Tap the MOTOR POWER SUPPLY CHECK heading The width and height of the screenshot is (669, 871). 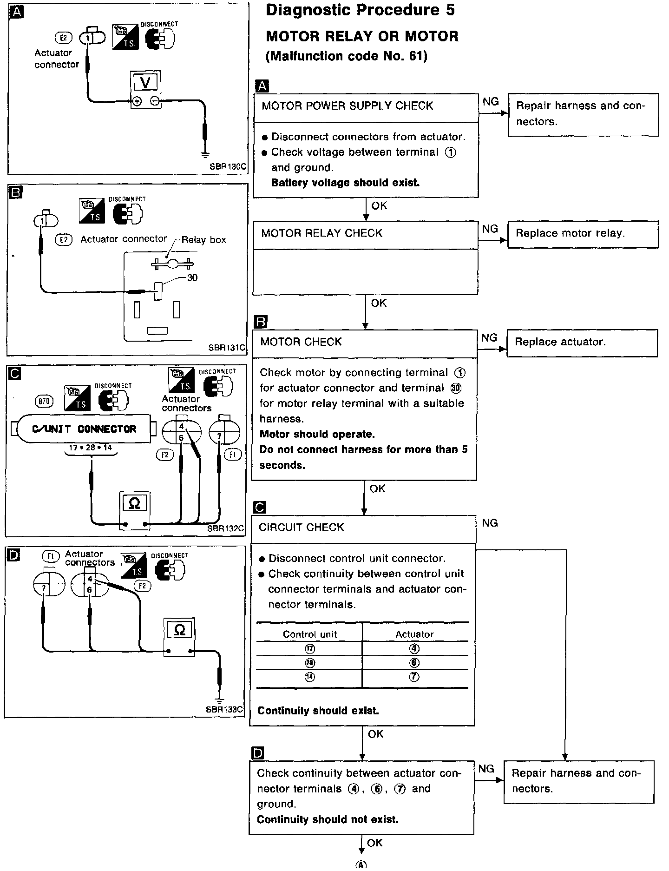pyautogui.click(x=347, y=106)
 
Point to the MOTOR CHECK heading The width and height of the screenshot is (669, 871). pyautogui.click(x=301, y=342)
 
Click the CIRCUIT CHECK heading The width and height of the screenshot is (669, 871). pyautogui.click(x=301, y=528)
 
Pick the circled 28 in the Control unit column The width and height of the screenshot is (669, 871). pyautogui.click(x=309, y=663)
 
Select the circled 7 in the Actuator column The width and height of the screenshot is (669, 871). pyautogui.click(x=414, y=677)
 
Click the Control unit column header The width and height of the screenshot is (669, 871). pyautogui.click(x=310, y=634)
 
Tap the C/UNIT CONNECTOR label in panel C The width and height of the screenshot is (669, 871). pyautogui.click(x=84, y=429)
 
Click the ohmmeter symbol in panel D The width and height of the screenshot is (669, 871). pyautogui.click(x=179, y=630)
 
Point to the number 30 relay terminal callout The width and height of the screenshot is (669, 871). pyautogui.click(x=192, y=278)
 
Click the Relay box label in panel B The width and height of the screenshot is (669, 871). pyautogui.click(x=203, y=240)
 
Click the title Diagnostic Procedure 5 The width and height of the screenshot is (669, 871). pyautogui.click(x=360, y=10)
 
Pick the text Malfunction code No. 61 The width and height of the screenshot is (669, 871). pyautogui.click(x=346, y=56)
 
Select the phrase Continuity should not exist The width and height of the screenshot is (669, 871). pyautogui.click(x=328, y=819)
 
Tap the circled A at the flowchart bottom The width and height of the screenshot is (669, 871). pyautogui.click(x=361, y=865)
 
